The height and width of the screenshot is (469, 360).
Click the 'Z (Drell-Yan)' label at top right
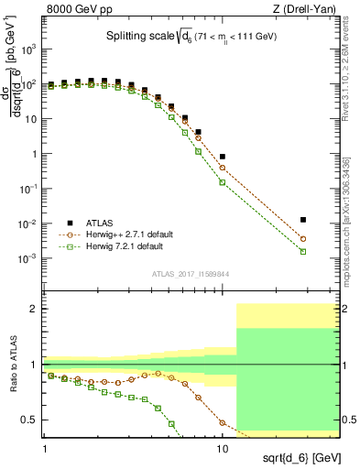click(x=310, y=9)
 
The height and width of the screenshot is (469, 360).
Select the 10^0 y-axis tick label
click(x=31, y=154)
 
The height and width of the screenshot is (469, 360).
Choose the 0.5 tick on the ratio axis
click(x=32, y=420)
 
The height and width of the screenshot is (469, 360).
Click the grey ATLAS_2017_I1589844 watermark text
click(x=191, y=274)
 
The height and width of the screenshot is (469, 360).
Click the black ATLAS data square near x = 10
click(x=223, y=157)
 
